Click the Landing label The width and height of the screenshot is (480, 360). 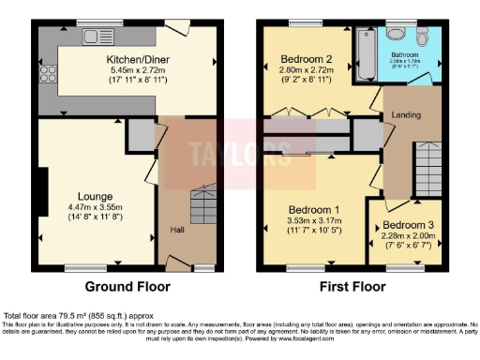pyautogui.click(x=406, y=115)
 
